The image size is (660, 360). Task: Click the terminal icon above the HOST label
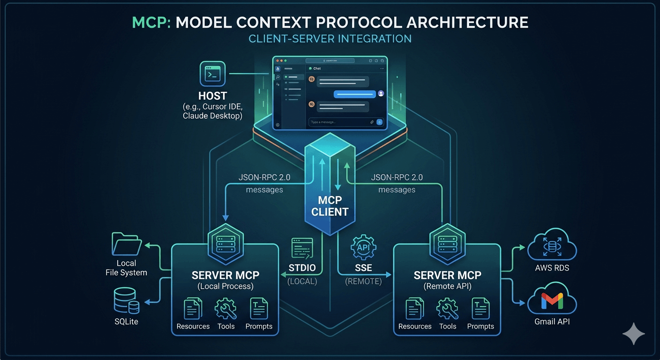[213, 74]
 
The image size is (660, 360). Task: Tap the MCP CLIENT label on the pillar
[330, 205]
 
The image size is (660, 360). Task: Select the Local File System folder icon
[127, 244]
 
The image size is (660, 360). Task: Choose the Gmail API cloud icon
[552, 300]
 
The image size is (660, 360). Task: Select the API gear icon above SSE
[363, 247]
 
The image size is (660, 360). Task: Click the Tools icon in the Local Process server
[225, 309]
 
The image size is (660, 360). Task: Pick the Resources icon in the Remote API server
[414, 309]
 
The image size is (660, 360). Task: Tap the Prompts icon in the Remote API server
[480, 309]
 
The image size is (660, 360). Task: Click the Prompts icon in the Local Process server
[259, 309]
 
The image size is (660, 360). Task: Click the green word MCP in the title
[150, 22]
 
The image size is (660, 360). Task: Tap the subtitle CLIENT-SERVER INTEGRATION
[330, 38]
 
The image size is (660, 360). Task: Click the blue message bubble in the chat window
[354, 94]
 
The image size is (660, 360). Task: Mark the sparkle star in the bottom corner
[633, 334]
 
